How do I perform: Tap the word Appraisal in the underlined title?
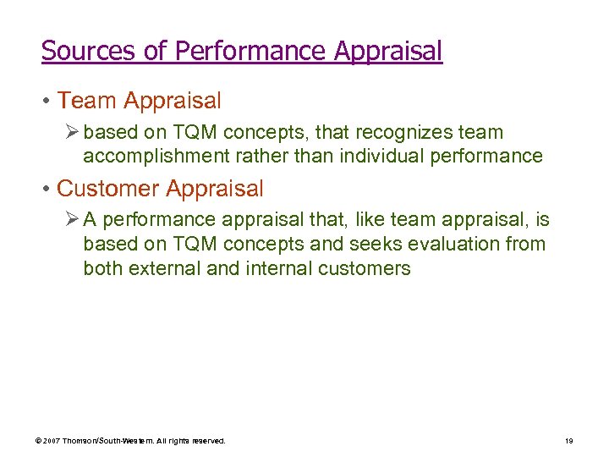click(x=388, y=51)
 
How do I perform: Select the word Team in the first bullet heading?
click(x=87, y=101)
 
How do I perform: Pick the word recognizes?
click(x=404, y=133)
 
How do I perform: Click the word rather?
click(x=245, y=156)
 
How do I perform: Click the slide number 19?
click(x=569, y=441)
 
